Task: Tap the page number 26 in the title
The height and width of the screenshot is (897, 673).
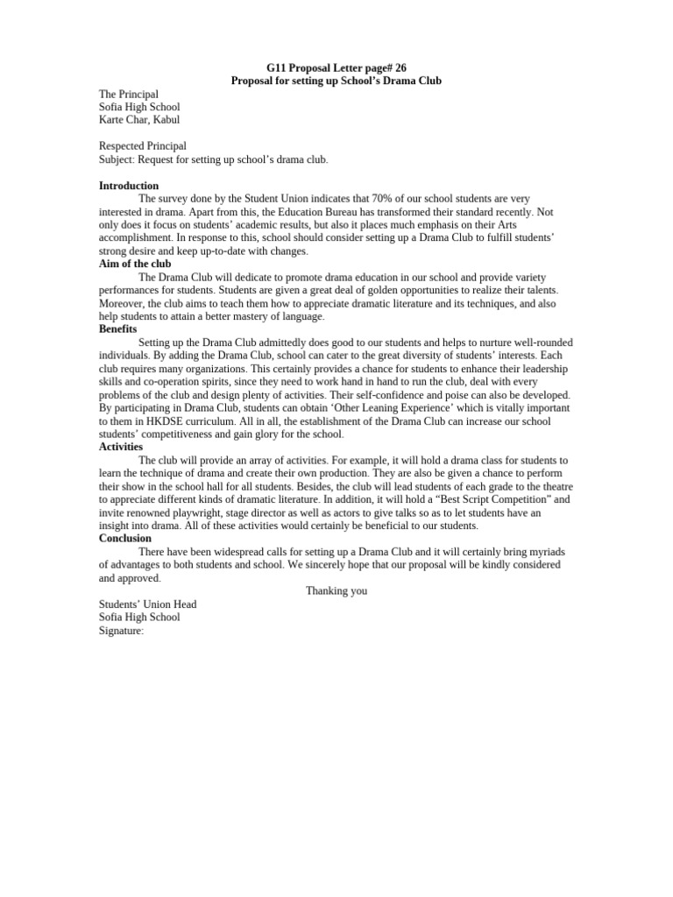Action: pos(400,67)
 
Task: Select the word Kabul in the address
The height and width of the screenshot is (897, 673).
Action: pos(166,120)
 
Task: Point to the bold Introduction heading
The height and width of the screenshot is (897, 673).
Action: pos(129,186)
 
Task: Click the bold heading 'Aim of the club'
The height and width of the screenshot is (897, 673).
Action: pos(135,264)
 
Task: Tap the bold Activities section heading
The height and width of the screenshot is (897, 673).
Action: pos(121,447)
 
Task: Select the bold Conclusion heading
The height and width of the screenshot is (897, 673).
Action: pos(125,538)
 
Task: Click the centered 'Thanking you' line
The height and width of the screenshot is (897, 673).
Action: pos(336,591)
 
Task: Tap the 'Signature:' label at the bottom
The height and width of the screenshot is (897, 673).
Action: pos(121,631)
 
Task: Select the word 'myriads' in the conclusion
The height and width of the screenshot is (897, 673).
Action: pos(545,552)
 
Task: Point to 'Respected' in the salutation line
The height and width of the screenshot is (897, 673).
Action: pos(121,146)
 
